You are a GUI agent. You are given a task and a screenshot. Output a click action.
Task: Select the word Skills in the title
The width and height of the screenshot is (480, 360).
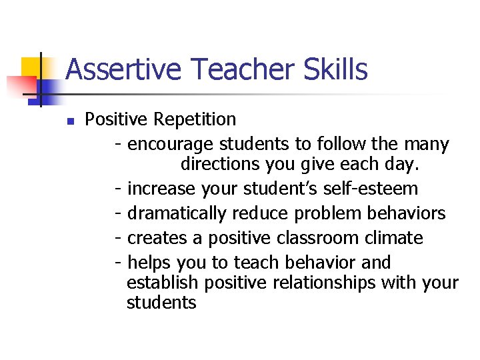334,69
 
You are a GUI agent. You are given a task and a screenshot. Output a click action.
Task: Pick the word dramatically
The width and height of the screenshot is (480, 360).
177,213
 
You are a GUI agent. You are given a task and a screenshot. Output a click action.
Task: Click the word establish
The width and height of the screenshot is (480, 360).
163,283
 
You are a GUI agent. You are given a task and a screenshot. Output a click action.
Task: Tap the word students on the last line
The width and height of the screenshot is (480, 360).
161,303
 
